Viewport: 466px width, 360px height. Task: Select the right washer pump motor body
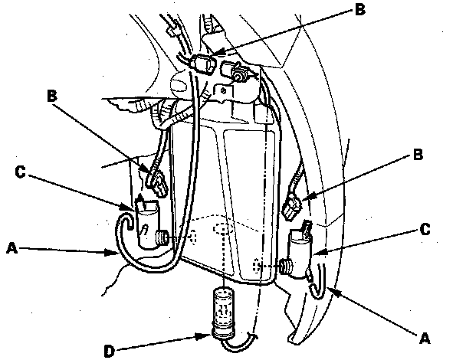pyautogui.click(x=300, y=254)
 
